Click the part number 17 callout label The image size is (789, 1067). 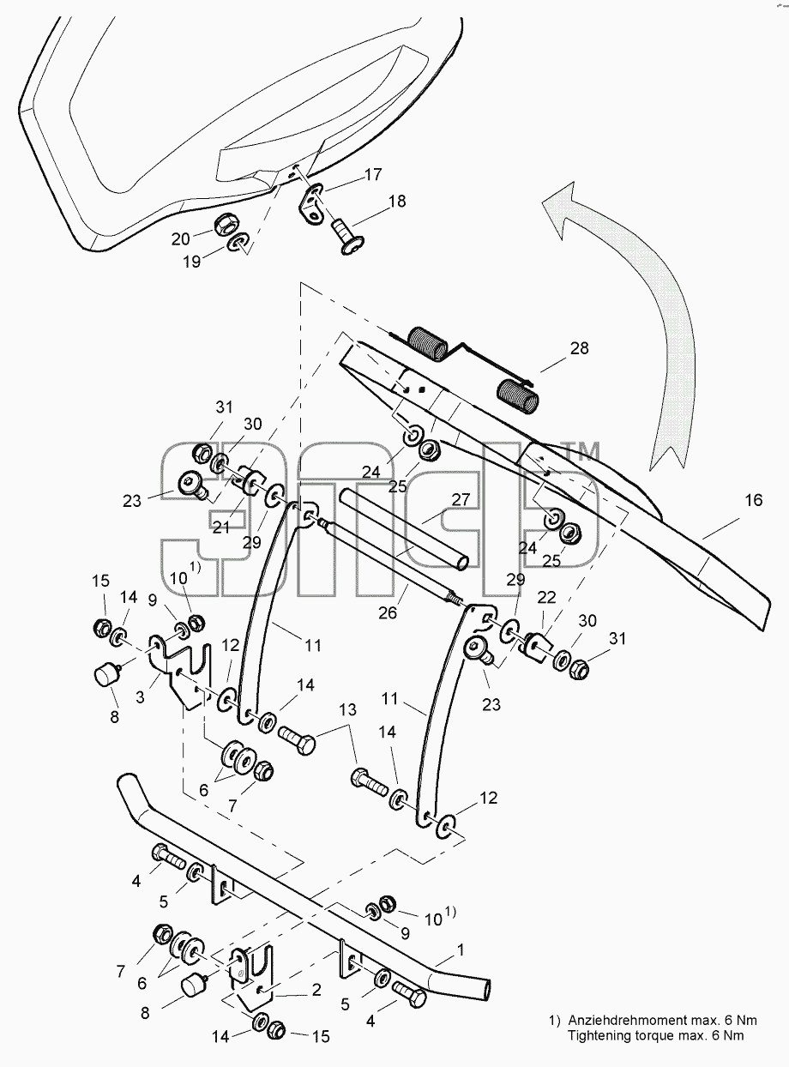point(373,174)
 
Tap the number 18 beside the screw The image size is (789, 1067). point(397,201)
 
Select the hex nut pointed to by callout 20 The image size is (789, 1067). point(226,223)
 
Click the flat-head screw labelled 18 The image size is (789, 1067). point(349,237)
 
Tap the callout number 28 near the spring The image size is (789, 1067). point(579,348)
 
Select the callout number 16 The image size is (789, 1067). point(753,500)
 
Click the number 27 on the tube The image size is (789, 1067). point(461,500)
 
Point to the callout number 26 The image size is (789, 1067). point(388,612)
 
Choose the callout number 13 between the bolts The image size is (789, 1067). point(347,709)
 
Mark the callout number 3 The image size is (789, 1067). point(140,697)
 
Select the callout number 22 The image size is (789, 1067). point(546,598)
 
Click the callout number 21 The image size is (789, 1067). point(221,527)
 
